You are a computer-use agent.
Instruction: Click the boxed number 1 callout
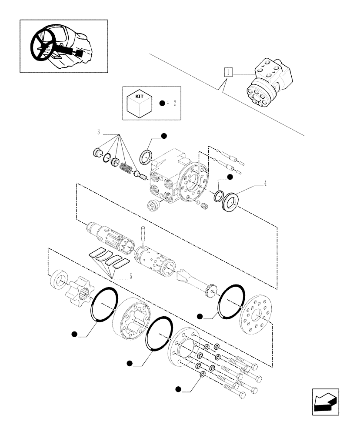point(229,73)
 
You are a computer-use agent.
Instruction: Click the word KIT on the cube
point(139,95)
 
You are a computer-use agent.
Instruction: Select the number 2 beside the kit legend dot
point(174,104)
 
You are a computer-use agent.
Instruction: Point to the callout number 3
point(99,132)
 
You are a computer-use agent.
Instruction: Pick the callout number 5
point(130,276)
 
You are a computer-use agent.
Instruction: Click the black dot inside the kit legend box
point(162,104)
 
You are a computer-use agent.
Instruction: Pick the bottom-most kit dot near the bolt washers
point(178,388)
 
